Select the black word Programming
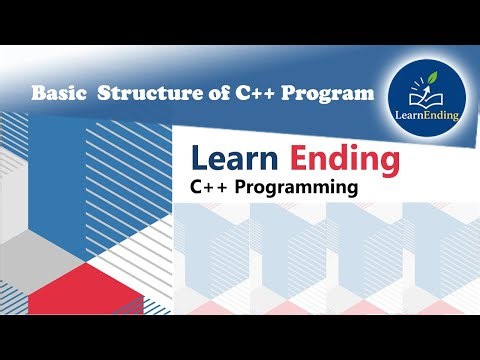coord(294,188)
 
